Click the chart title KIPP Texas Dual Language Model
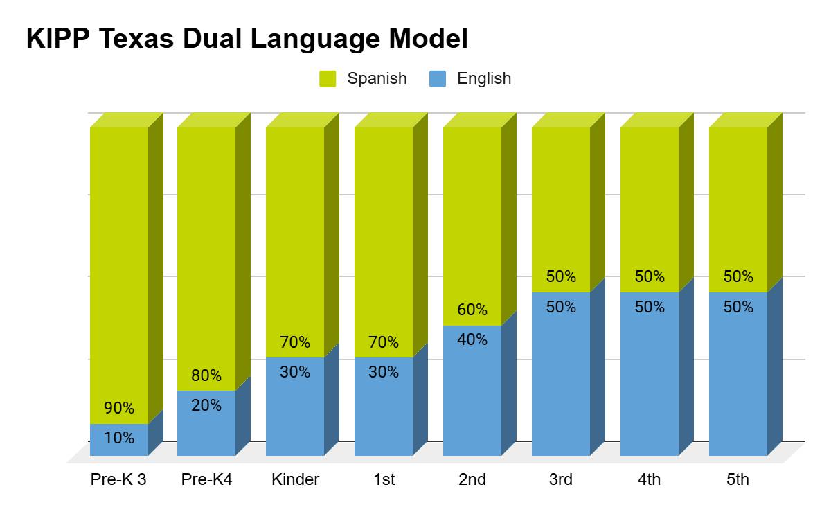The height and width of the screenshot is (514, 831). click(x=247, y=39)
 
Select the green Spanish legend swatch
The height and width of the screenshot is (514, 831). click(x=328, y=79)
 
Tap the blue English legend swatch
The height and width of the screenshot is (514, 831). click(x=438, y=79)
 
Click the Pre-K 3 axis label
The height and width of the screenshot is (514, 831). click(x=118, y=479)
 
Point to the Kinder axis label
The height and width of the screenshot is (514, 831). click(x=296, y=479)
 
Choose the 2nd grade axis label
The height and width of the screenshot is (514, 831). click(x=472, y=479)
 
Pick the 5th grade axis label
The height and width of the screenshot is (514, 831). click(x=738, y=479)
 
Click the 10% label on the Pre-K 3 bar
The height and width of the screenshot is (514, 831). click(x=119, y=438)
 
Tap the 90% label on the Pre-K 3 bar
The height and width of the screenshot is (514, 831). click(x=119, y=408)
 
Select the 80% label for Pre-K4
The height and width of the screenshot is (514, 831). click(x=206, y=375)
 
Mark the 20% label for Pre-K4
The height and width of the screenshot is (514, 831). click(x=206, y=405)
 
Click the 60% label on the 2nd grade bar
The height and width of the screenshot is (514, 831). click(x=472, y=310)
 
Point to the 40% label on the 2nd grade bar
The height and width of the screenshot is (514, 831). click(x=472, y=339)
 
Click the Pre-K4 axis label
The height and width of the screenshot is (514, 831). click(x=206, y=479)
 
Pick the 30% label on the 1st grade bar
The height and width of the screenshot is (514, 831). click(x=384, y=372)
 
